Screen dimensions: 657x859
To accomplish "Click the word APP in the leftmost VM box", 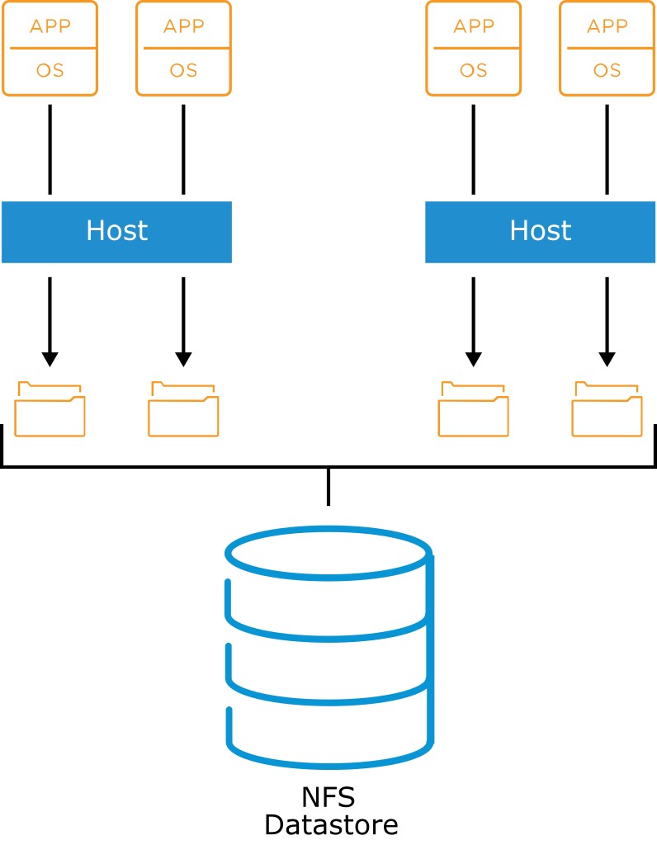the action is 50,26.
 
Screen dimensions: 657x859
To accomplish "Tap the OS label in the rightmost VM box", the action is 607,70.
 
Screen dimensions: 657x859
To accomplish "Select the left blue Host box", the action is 116,232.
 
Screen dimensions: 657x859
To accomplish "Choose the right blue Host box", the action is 541,232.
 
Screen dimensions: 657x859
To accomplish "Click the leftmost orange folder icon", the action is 50,409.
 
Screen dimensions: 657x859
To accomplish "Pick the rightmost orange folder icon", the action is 607,409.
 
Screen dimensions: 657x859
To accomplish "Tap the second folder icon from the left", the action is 183,409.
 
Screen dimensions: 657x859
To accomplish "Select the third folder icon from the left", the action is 474,409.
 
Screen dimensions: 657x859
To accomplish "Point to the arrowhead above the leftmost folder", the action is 50,360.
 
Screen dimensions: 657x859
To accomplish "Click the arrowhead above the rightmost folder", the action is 607,360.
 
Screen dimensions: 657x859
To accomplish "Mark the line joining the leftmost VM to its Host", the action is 50,149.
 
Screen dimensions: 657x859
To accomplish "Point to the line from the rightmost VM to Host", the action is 607,149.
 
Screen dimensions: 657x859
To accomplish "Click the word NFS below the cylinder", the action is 328,797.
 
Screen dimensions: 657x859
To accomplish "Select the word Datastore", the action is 331,825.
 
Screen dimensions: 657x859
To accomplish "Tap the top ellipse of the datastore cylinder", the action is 328,553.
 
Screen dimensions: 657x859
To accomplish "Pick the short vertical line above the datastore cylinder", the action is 328,487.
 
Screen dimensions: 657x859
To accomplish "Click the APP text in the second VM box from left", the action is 183,26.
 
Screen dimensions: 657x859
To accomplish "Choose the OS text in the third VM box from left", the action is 474,70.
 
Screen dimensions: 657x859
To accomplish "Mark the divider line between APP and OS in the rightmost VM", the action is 607,48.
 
